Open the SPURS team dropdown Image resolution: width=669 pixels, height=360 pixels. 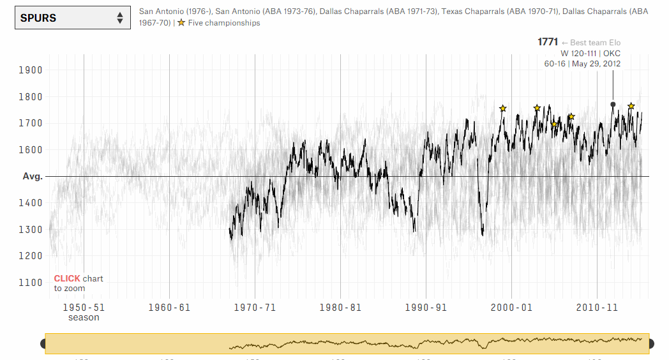(x=70, y=18)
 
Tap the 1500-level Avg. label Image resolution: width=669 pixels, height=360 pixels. (x=33, y=176)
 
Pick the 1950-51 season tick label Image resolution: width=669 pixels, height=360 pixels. (x=84, y=307)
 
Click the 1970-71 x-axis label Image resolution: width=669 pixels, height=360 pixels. (x=254, y=307)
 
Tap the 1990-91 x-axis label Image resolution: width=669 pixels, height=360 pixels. (x=425, y=307)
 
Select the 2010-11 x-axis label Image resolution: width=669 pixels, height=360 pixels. (x=596, y=307)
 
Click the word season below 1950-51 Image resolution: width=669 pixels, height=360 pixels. (x=84, y=317)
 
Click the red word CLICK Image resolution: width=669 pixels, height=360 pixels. (x=67, y=279)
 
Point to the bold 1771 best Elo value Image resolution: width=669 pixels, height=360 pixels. (x=548, y=42)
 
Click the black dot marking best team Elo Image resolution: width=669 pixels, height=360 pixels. (x=613, y=104)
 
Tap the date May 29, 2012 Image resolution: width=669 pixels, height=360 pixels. (x=596, y=64)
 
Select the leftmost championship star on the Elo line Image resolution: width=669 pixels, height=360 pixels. (x=503, y=109)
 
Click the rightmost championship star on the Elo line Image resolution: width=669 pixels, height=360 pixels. (x=631, y=106)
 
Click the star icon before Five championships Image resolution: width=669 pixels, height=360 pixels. (x=181, y=23)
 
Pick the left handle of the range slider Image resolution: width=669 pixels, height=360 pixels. (x=43, y=344)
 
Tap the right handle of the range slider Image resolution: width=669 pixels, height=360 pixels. (x=651, y=344)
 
